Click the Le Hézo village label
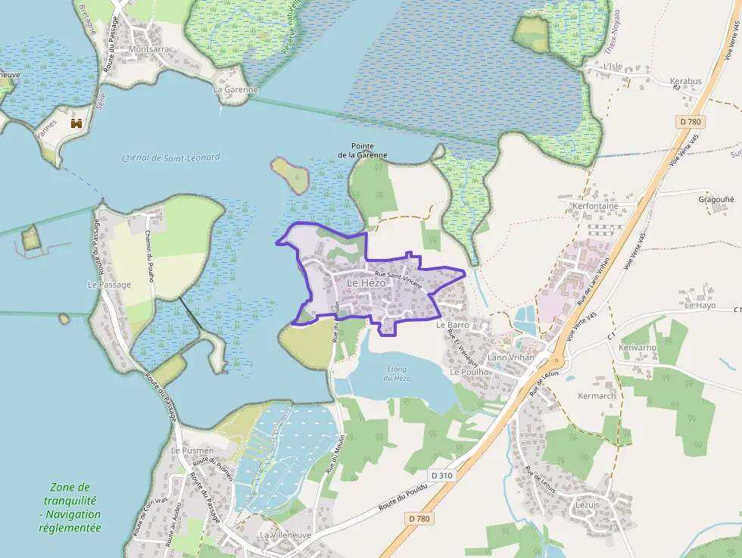pyautogui.click(x=366, y=282)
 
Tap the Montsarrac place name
pyautogui.click(x=151, y=49)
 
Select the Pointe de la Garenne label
pyautogui.click(x=362, y=150)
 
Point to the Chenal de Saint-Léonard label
pyautogui.click(x=170, y=157)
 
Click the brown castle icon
pyautogui.click(x=76, y=123)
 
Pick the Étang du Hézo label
pyautogui.click(x=397, y=373)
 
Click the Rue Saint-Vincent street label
pyautogui.click(x=397, y=279)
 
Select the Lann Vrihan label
pyautogui.click(x=511, y=357)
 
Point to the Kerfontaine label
pyautogui.click(x=595, y=206)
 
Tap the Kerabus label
pyautogui.click(x=685, y=81)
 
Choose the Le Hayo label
pyautogui.click(x=700, y=306)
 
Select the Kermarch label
pyautogui.click(x=597, y=396)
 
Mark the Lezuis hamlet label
pyautogui.click(x=587, y=504)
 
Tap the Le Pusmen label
pyautogui.click(x=192, y=450)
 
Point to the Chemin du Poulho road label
pyautogui.click(x=149, y=256)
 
